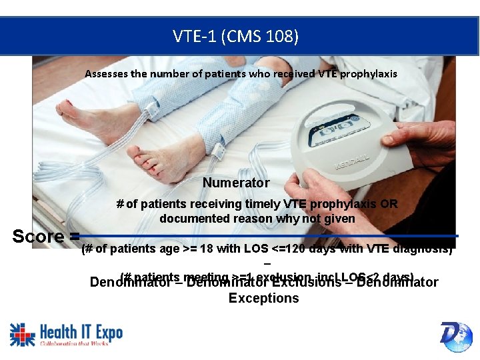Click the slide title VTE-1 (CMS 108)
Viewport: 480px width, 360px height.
point(235,36)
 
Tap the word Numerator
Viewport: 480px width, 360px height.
point(236,183)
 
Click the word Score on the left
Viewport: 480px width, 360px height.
point(39,237)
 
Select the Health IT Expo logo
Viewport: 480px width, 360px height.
point(66,334)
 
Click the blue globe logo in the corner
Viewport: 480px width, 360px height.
point(456,335)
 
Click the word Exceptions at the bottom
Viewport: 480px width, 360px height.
point(263,298)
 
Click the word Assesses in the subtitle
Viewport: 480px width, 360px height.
point(106,74)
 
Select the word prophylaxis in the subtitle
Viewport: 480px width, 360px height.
point(368,74)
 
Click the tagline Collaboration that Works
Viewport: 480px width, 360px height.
point(81,343)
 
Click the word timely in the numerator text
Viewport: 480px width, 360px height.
point(263,204)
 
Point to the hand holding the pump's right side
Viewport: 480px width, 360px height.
point(427,140)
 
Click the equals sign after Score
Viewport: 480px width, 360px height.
point(73,237)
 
